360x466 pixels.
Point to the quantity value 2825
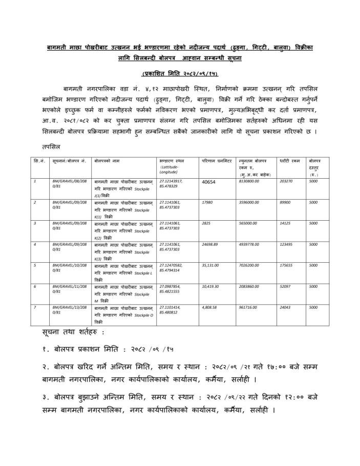coord(207,223)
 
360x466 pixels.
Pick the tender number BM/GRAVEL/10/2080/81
coord(70,268)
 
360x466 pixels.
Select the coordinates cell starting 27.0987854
coord(171,289)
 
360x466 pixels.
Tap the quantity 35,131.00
coord(212,265)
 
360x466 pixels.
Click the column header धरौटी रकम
coord(289,161)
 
